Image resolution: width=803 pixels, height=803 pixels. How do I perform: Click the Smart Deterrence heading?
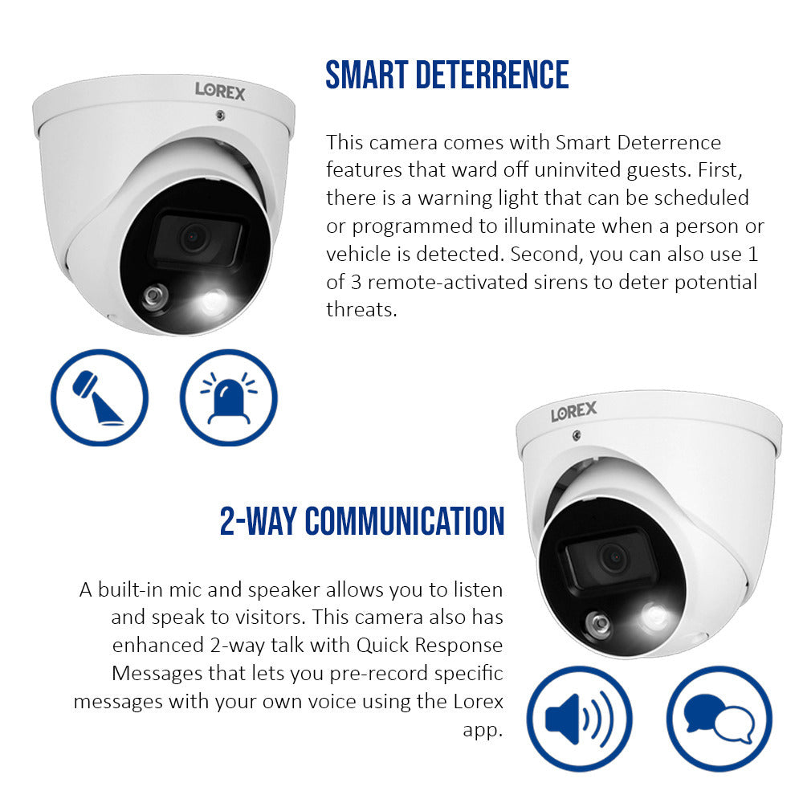(446, 75)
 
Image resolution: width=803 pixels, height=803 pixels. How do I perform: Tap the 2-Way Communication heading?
(362, 521)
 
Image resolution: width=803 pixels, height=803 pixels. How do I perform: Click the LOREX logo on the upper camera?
(220, 90)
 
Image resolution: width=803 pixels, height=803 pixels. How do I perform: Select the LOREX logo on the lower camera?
(573, 412)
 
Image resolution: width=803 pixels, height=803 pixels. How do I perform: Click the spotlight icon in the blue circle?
(99, 397)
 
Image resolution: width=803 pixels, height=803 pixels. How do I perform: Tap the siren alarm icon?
(228, 397)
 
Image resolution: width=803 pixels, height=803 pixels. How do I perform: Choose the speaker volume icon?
(577, 718)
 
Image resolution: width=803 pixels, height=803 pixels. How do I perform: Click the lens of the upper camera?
(193, 238)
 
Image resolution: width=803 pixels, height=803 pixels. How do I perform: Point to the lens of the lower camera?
(614, 556)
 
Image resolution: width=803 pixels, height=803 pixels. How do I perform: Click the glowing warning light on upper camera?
(214, 302)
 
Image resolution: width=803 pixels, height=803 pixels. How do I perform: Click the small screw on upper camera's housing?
(218, 116)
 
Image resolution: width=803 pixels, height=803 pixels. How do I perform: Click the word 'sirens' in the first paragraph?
(562, 282)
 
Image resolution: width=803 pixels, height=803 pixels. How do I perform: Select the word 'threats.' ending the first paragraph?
(361, 309)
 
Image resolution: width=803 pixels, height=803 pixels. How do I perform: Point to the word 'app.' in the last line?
(483, 729)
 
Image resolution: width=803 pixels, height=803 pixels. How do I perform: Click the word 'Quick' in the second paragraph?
(387, 646)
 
